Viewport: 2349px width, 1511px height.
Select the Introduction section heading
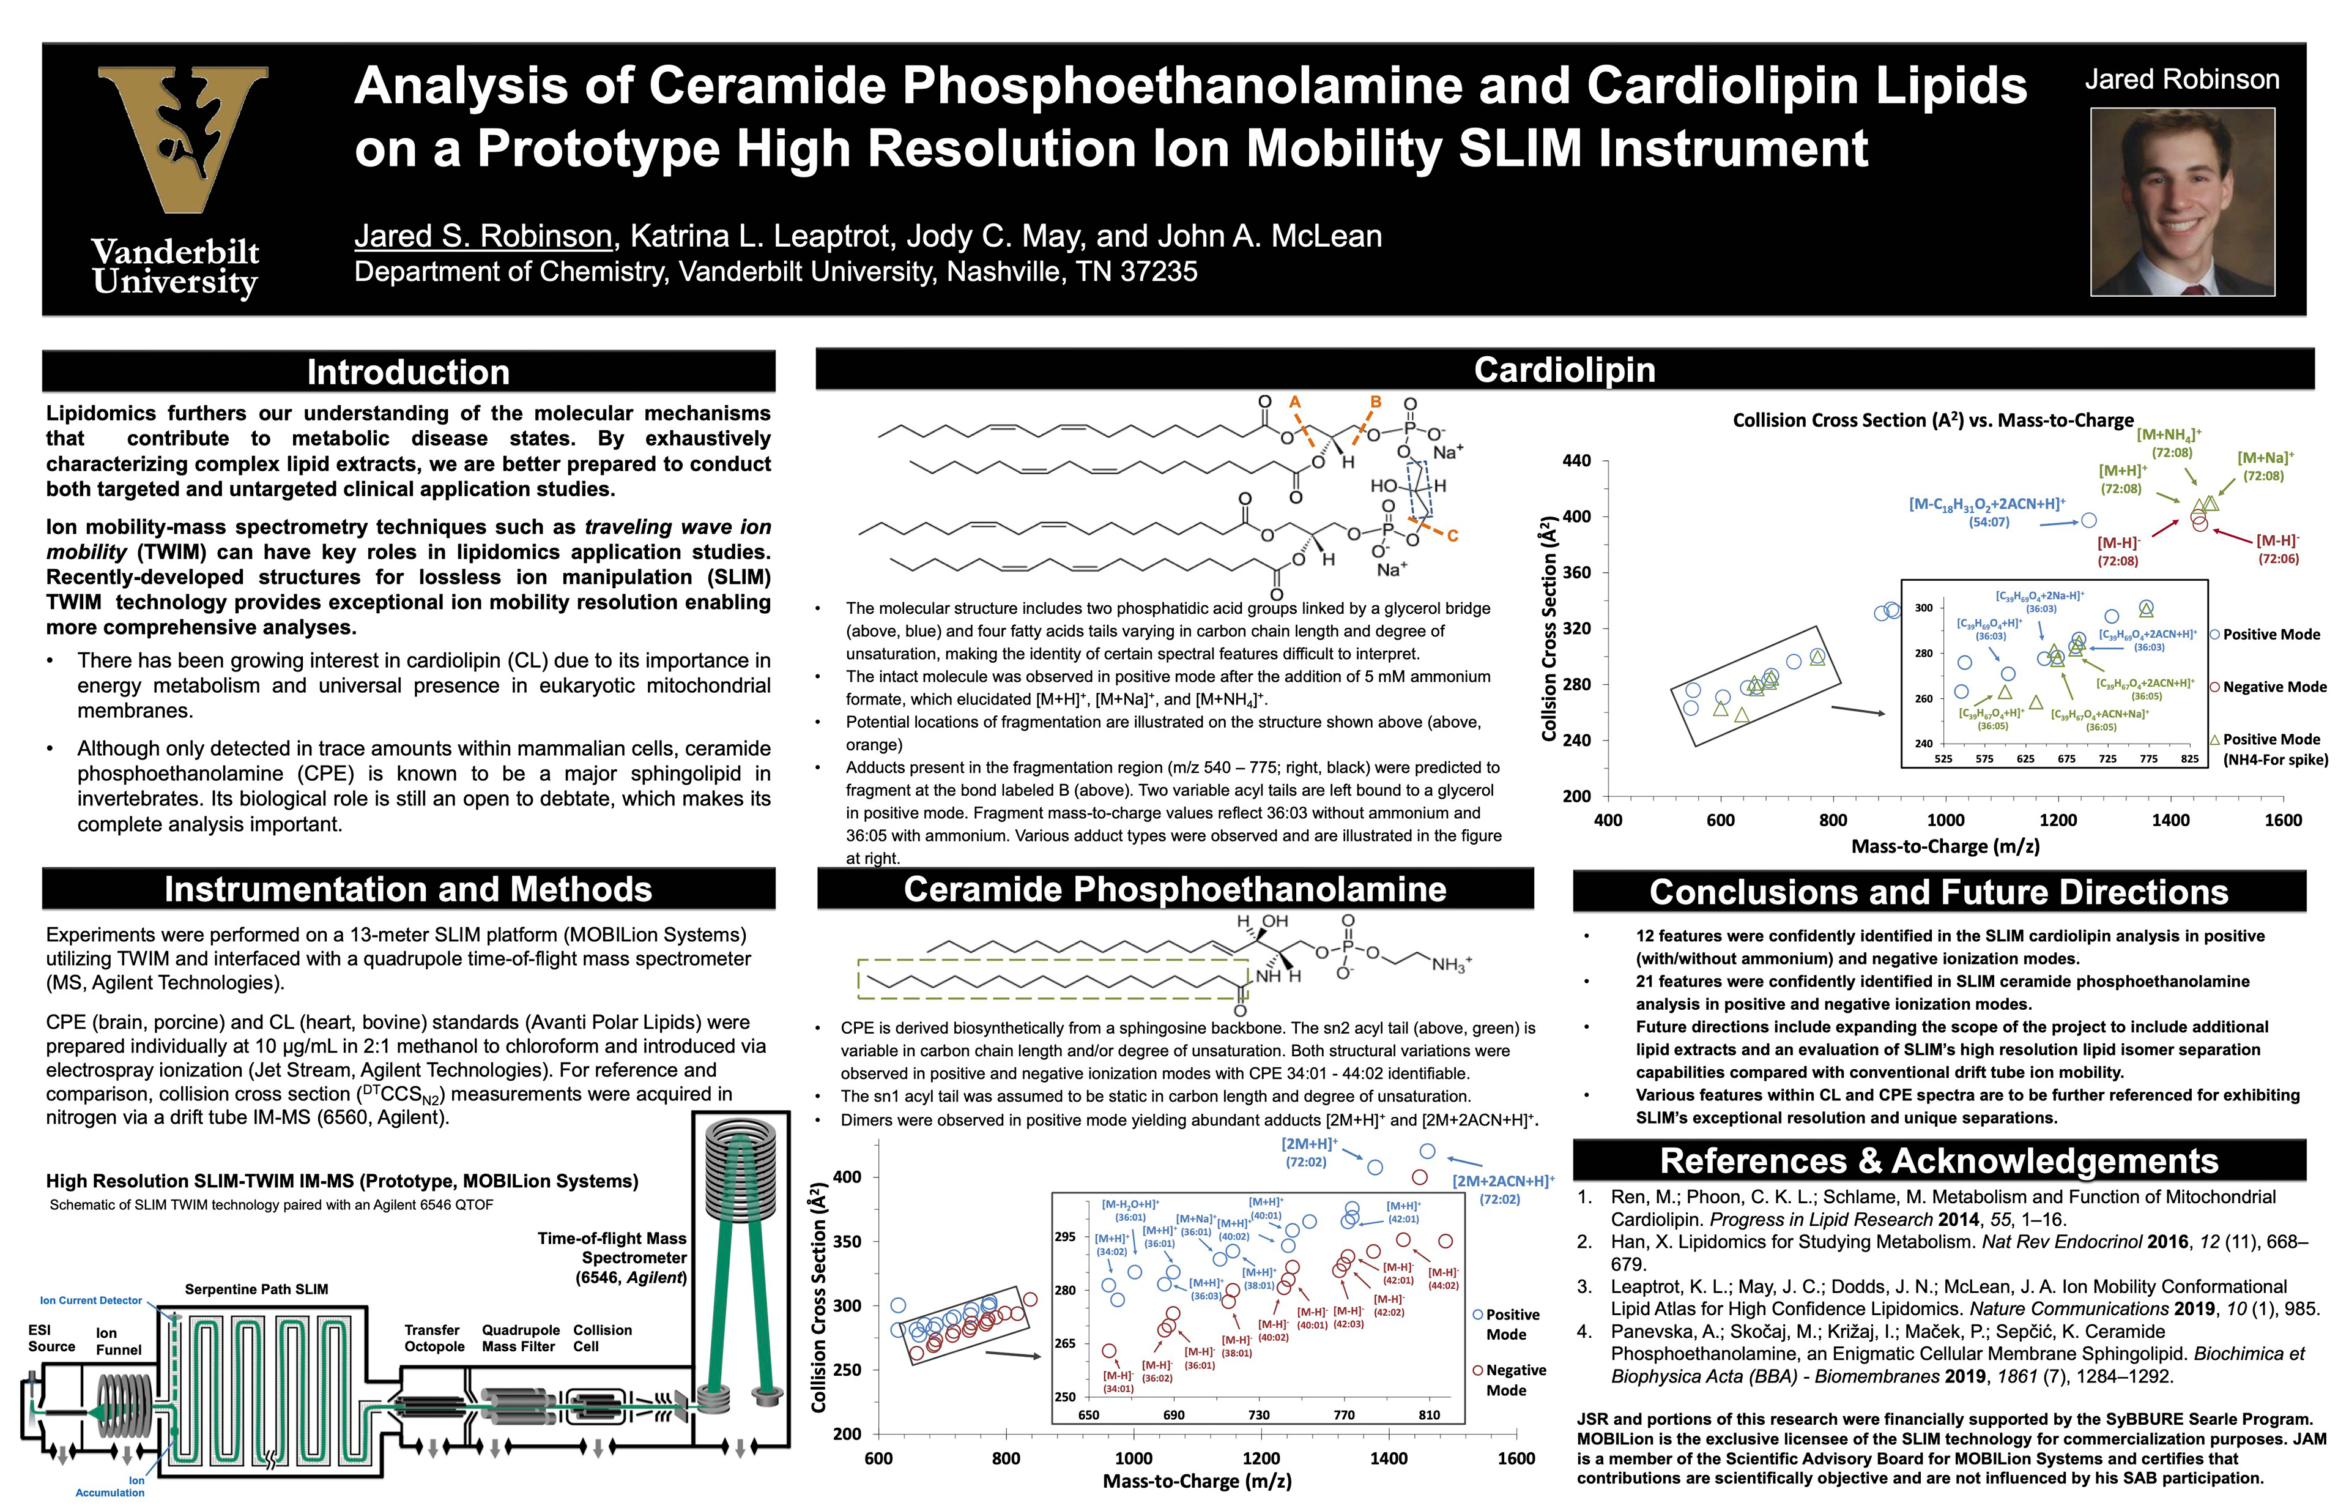(408, 372)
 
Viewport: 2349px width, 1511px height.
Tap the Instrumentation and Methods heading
(408, 889)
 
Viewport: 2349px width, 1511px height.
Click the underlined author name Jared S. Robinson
(483, 236)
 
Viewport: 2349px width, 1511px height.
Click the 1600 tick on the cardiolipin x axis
(2282, 820)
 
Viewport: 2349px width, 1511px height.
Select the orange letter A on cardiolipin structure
(1294, 402)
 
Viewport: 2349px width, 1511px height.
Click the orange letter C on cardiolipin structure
(1453, 535)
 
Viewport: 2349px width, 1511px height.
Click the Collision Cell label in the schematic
(601, 1338)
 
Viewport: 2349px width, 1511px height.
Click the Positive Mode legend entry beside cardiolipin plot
(2271, 635)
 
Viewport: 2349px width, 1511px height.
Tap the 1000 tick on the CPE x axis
(1133, 1458)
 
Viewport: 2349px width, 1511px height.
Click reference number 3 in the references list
(1585, 1286)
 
